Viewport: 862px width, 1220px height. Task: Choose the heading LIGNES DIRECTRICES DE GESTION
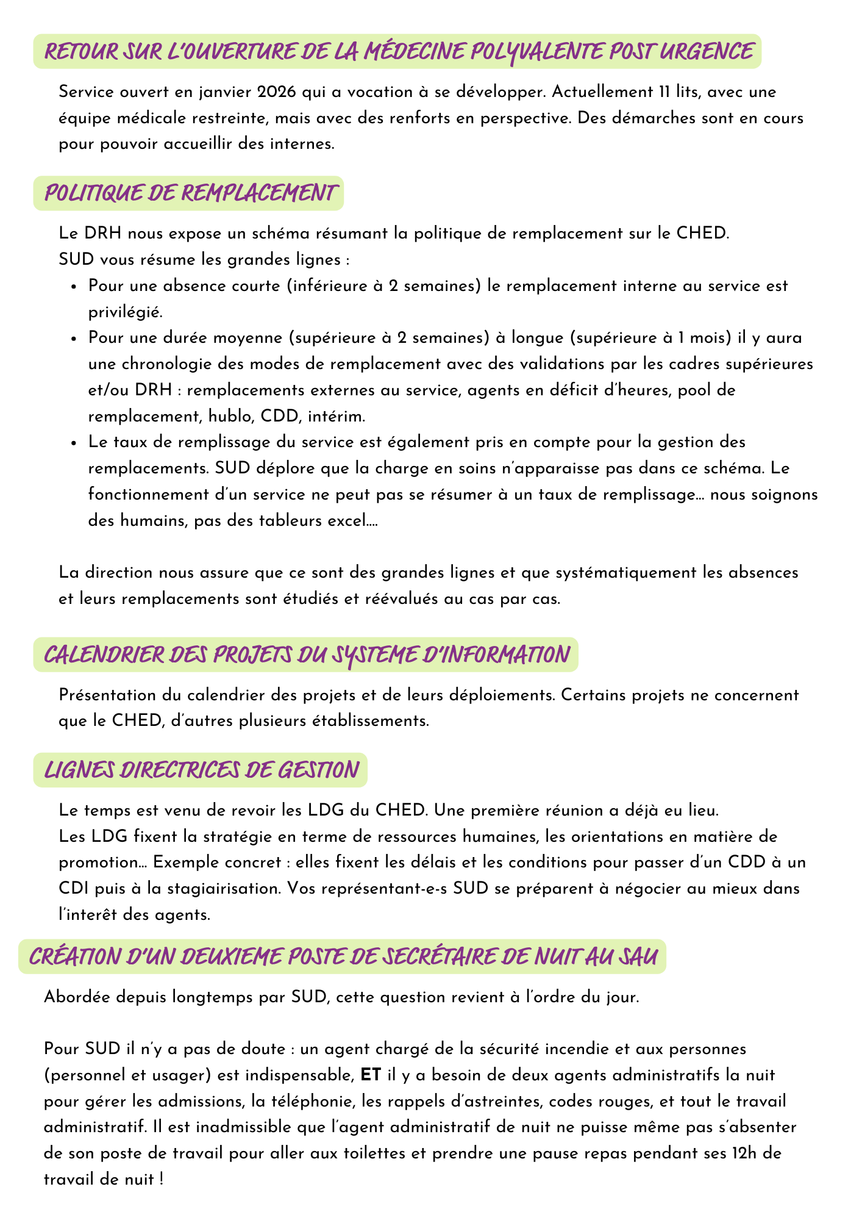pos(201,769)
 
